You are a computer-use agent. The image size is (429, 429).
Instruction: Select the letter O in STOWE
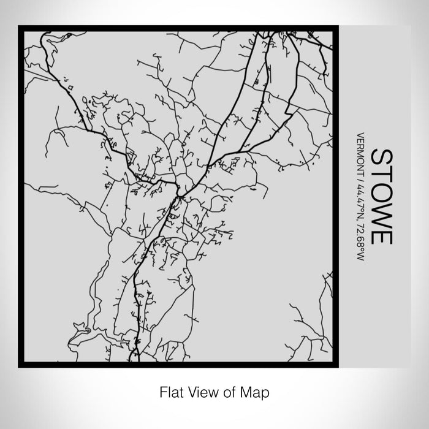pyautogui.click(x=381, y=192)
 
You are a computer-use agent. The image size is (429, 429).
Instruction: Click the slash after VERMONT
pyautogui.click(x=360, y=177)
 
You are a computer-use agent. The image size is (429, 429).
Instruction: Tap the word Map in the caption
pyautogui.click(x=257, y=390)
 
